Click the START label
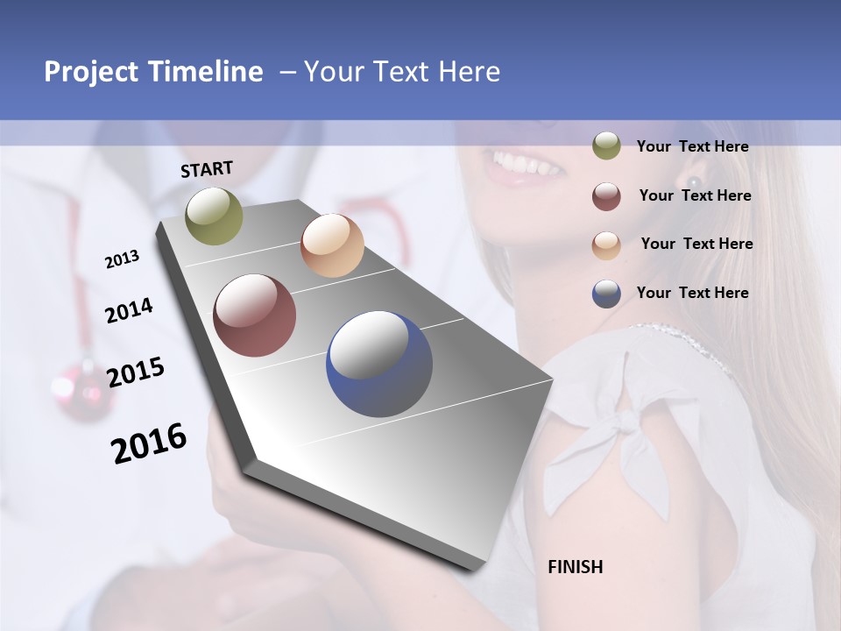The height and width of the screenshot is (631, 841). point(207,169)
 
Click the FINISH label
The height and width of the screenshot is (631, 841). point(576,567)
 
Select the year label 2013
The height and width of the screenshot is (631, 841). point(122,259)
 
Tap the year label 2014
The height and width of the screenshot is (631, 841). point(129,311)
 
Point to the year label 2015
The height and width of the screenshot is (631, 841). point(136,372)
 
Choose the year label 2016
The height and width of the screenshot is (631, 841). point(149,443)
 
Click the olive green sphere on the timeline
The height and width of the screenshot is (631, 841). point(214,216)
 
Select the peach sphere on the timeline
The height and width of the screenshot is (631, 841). point(332,245)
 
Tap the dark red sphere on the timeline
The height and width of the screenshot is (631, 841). point(255,315)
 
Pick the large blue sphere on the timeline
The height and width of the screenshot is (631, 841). point(379,364)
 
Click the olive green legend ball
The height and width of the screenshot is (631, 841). point(606,145)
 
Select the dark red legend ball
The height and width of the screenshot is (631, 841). point(606,195)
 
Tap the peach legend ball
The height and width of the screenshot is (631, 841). point(606,245)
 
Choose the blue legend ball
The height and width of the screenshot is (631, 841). point(606,294)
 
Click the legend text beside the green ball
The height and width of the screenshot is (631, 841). point(692,147)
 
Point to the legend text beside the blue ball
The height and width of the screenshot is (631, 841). point(692,293)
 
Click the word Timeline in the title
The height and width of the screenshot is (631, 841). point(206,72)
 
